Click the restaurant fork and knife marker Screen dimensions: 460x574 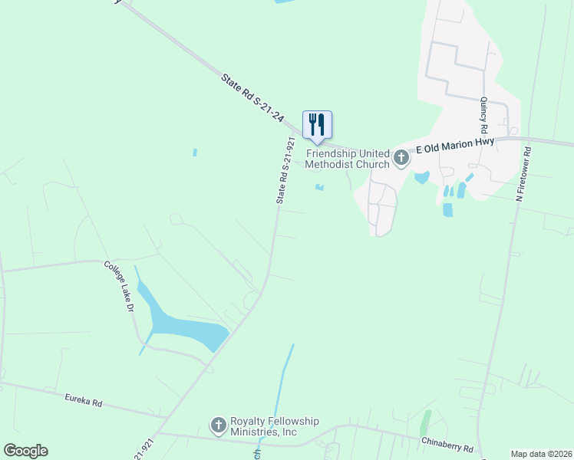coord(317,125)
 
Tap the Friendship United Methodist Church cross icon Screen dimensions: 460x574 coord(401,158)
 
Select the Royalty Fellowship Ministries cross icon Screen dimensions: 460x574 coord(218,425)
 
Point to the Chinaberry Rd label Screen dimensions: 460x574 coord(447,444)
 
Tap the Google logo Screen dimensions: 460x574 coord(25,451)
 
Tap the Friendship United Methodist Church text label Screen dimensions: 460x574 coord(348,158)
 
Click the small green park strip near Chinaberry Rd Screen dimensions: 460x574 coord(425,422)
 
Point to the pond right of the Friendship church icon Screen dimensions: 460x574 coord(421,178)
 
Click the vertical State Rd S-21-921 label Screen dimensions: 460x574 coord(285,170)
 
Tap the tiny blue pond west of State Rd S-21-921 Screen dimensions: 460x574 coord(195,153)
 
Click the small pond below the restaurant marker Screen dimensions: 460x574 coord(319,186)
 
